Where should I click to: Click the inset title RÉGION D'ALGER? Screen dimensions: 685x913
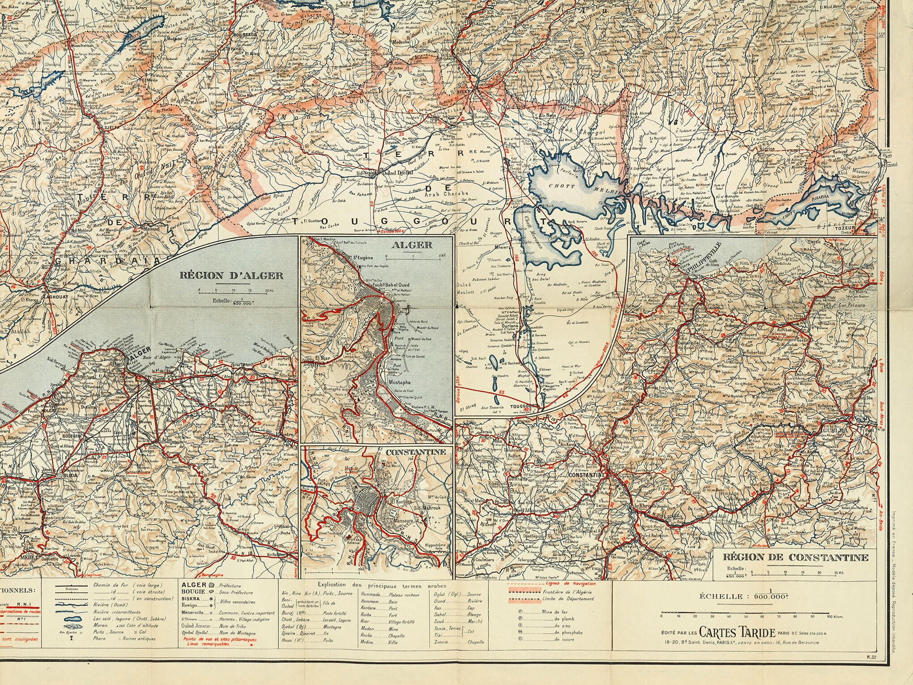point(231,275)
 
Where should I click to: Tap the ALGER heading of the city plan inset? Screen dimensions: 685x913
point(417,245)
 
